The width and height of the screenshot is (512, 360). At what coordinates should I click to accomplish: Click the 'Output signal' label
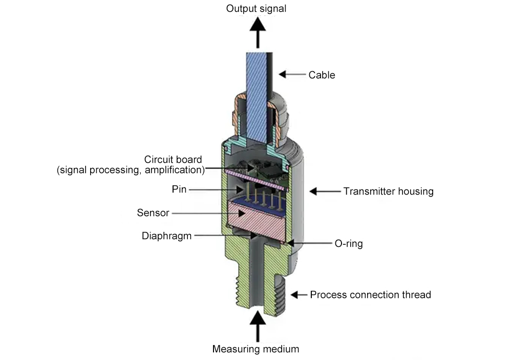point(257,9)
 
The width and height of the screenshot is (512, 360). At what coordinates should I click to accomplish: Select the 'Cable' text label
point(322,75)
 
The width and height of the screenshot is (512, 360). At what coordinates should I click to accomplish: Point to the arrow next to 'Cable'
point(292,75)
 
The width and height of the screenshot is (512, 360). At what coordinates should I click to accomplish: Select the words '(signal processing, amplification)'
point(131,170)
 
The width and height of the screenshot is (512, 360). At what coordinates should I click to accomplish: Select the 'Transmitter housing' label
point(388,192)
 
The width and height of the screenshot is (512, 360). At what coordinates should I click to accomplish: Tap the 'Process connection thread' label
point(370,295)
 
